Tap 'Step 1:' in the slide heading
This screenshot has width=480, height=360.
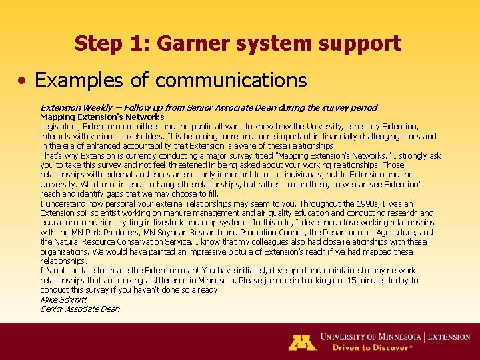106,44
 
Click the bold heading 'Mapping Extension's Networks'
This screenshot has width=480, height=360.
102,117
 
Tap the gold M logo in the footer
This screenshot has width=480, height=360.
301,341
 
